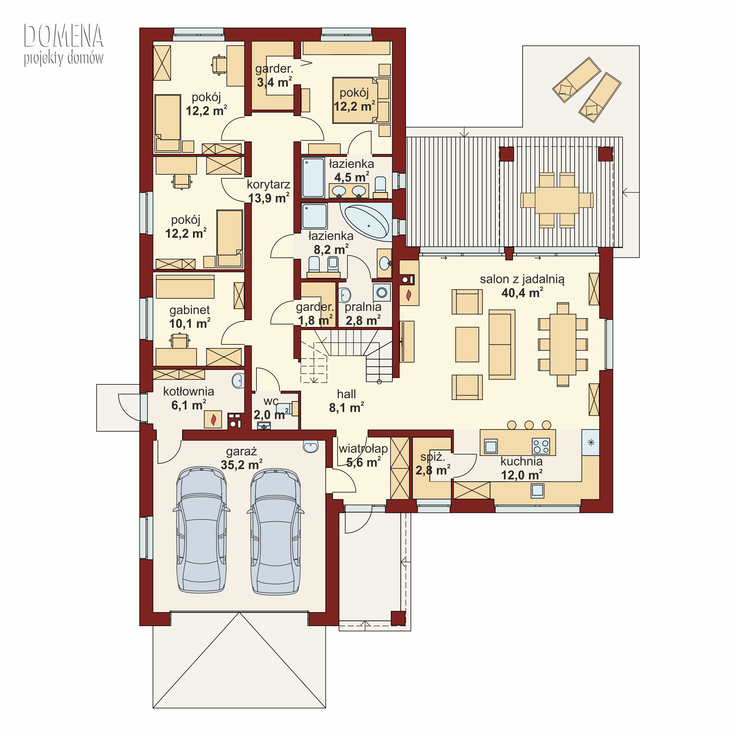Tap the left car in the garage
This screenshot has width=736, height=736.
[201, 530]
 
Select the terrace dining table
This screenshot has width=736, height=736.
[557, 200]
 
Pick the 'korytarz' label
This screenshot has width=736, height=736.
[269, 184]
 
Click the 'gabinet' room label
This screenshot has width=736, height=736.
[190, 310]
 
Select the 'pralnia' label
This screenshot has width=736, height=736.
[363, 307]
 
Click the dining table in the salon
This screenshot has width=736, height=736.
[563, 344]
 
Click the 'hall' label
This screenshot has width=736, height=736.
[346, 394]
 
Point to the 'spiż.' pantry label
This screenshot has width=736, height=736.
[432, 457]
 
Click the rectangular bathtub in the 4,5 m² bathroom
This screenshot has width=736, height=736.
[313, 178]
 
